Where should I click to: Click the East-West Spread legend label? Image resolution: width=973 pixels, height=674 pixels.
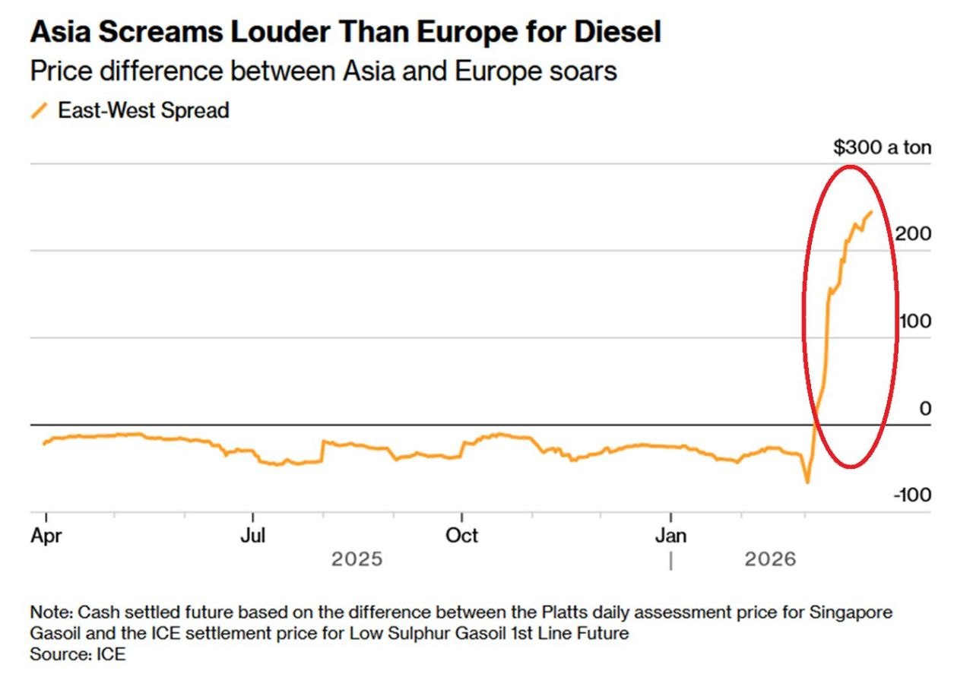(x=144, y=110)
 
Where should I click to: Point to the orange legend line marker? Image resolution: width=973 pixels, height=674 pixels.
(x=40, y=110)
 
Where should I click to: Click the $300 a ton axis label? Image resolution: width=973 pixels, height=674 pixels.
(x=882, y=147)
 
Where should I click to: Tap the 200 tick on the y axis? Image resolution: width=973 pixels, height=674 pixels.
(x=912, y=234)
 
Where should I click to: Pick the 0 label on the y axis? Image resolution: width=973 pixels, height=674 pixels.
(x=925, y=409)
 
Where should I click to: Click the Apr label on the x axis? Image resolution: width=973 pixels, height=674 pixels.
(x=46, y=536)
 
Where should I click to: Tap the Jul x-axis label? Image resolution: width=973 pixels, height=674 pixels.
(x=252, y=536)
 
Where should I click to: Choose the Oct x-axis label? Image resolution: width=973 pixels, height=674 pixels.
(x=461, y=536)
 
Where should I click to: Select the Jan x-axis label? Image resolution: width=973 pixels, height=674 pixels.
(x=671, y=536)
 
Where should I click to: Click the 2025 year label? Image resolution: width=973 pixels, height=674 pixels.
(x=357, y=561)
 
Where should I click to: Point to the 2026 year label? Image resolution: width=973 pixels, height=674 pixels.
(x=770, y=561)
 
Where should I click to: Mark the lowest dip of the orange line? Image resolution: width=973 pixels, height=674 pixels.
(x=807, y=483)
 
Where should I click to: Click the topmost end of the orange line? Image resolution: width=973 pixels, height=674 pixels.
(x=871, y=212)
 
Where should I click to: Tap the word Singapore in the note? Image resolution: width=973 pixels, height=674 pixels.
(x=849, y=612)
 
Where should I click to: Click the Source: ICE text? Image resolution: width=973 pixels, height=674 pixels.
(x=78, y=653)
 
